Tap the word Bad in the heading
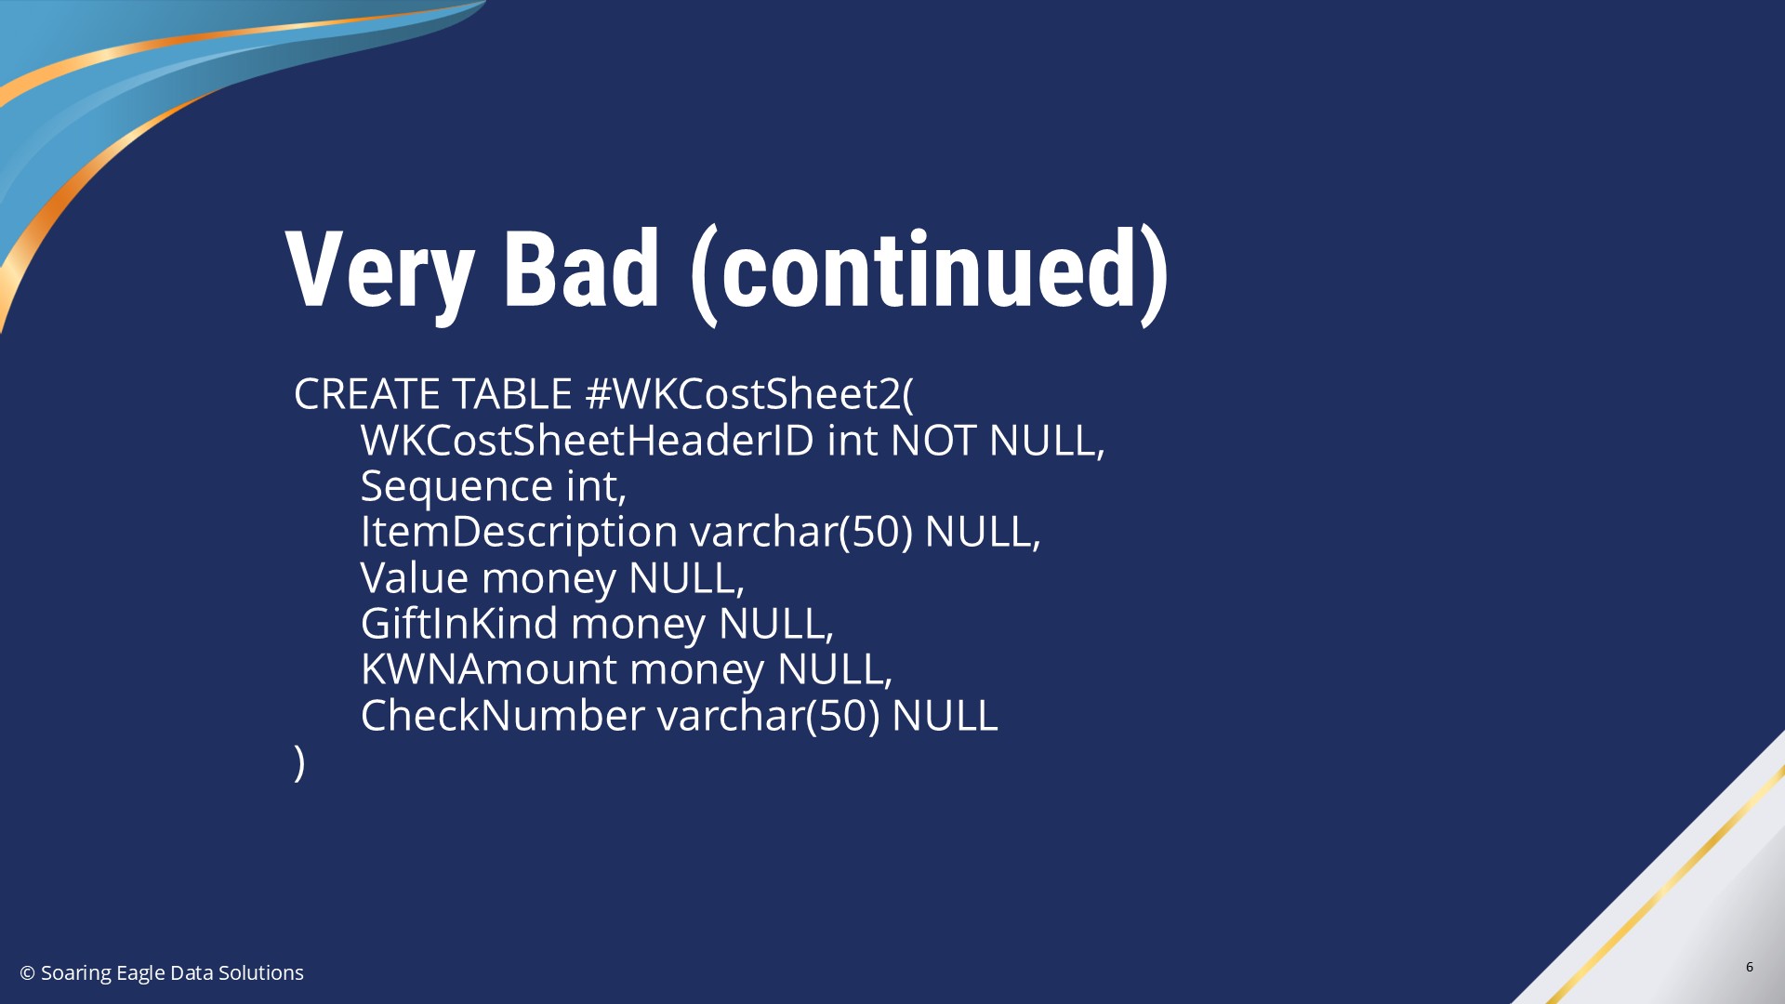[x=581, y=269]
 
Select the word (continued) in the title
[x=929, y=274]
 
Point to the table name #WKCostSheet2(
[x=749, y=394]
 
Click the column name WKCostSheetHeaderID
[x=587, y=440]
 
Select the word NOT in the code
[x=933, y=440]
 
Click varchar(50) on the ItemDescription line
[x=801, y=532]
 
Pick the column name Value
[x=415, y=577]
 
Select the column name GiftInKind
[x=459, y=623]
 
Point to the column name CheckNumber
[x=502, y=715]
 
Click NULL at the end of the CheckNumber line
[x=945, y=715]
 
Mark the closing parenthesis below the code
[x=299, y=762]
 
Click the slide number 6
[x=1750, y=967]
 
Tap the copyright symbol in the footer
[x=28, y=973]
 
